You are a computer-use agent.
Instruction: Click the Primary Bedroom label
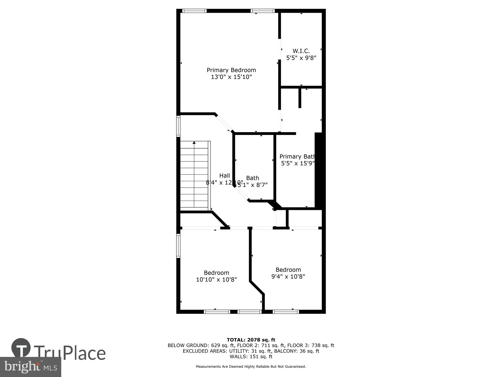(231, 70)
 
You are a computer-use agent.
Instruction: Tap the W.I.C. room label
(301, 51)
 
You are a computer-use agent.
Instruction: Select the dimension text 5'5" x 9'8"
(301, 58)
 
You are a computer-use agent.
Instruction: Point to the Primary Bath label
(297, 157)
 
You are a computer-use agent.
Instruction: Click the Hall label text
(224, 176)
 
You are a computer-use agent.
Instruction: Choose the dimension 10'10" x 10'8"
(216, 279)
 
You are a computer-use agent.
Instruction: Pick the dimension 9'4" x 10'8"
(288, 276)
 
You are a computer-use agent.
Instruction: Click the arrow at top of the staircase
(194, 143)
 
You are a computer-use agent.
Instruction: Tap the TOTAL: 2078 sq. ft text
(251, 340)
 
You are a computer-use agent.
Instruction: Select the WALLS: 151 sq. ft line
(251, 357)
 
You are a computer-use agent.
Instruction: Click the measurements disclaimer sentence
(251, 367)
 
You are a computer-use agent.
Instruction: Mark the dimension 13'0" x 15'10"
(231, 77)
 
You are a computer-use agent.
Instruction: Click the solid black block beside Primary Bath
(318, 171)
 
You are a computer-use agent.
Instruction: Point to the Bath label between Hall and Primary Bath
(253, 178)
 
